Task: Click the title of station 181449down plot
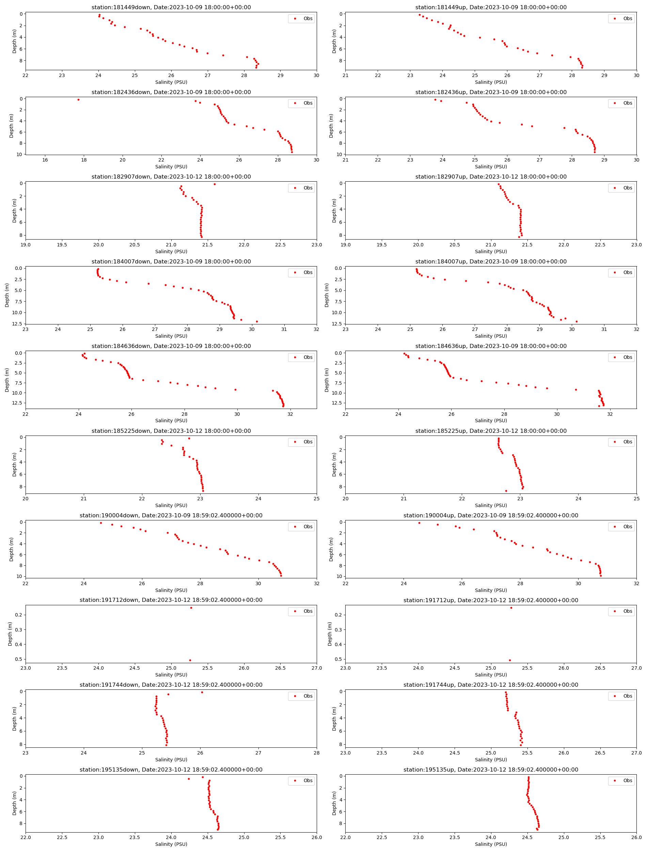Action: (x=171, y=7)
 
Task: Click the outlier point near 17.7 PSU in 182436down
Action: (x=79, y=100)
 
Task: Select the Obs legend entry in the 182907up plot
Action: (x=621, y=188)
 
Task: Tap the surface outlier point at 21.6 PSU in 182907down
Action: (x=215, y=184)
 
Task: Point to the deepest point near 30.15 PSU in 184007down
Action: (x=257, y=321)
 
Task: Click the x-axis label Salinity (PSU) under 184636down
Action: (x=171, y=421)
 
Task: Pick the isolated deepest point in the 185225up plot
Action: (x=506, y=491)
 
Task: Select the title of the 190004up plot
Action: (x=491, y=516)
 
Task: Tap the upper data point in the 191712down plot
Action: (x=191, y=608)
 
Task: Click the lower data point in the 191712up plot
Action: (x=510, y=660)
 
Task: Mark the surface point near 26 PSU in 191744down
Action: (x=202, y=693)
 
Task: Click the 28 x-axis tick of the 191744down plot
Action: (x=316, y=752)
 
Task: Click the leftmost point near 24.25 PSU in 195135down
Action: (x=189, y=779)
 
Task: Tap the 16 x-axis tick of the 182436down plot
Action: (x=45, y=160)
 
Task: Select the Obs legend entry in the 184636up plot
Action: (x=621, y=357)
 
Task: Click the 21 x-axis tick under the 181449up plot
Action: (x=345, y=76)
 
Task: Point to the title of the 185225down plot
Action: (x=171, y=431)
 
